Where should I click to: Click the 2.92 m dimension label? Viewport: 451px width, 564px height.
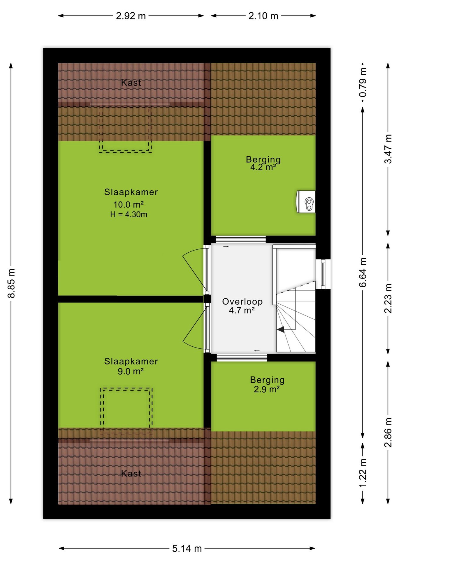coord(131,16)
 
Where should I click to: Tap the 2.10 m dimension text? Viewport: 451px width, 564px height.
coord(263,16)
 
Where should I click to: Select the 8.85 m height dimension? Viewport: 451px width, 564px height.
coord(11,283)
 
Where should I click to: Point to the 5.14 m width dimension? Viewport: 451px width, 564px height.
coord(187,548)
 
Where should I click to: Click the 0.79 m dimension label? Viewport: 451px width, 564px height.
coord(363,83)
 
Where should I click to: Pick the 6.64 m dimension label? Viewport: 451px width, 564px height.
coord(363,272)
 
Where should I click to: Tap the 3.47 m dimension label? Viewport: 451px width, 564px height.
coord(388,149)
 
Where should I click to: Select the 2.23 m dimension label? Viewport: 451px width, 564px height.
coord(388,298)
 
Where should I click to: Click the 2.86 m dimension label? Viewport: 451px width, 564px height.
coord(388,432)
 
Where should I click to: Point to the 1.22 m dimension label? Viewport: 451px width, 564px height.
coord(363,473)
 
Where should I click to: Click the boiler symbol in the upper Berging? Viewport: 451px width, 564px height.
coord(306,202)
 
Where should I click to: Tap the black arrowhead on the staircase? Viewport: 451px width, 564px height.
coord(281,330)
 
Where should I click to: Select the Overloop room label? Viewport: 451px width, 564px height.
coord(242,302)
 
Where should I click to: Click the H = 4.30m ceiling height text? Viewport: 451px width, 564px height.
coord(129,214)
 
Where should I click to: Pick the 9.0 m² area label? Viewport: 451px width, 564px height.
coord(131,371)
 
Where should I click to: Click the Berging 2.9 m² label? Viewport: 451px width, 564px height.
coord(267,384)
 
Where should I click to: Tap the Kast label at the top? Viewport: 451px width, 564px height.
coord(131,83)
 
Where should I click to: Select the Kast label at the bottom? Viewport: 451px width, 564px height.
coord(131,474)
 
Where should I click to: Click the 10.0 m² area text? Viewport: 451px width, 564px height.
coord(129,204)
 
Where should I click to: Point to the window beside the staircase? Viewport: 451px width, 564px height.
coord(323,274)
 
